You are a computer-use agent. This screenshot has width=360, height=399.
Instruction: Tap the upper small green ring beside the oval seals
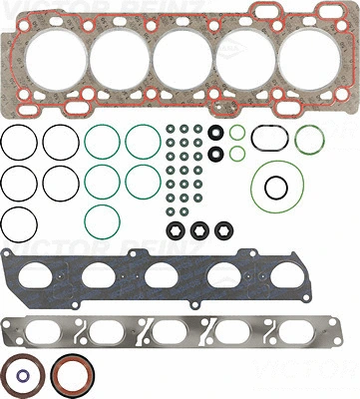237,132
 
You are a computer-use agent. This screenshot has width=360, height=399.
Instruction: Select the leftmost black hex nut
177,228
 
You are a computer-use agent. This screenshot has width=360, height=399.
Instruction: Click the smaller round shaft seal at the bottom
22,376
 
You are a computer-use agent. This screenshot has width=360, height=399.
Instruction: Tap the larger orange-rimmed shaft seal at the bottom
73,375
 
